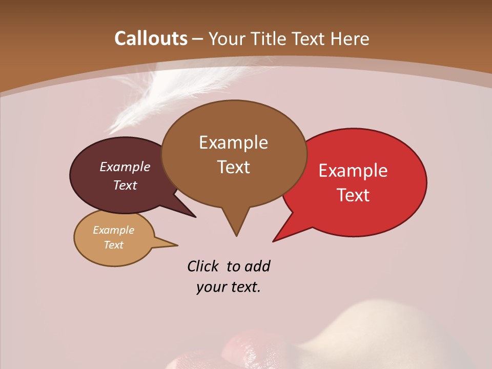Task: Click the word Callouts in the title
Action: point(151,38)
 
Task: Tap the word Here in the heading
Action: point(348,38)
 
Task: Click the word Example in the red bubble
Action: point(353,171)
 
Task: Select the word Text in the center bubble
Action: point(234,167)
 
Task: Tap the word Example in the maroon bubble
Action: point(125,167)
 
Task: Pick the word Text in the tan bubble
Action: point(114,245)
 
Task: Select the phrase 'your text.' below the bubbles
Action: point(229,287)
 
